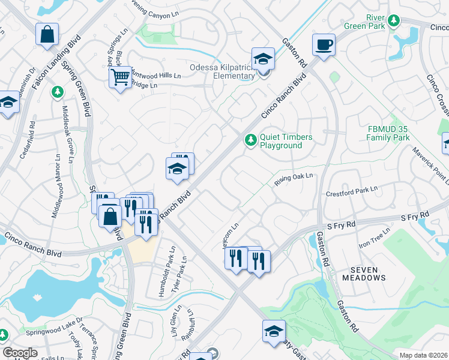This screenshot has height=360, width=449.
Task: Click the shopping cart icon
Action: pos(120,77)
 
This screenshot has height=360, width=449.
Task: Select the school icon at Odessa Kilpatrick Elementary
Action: pos(263,59)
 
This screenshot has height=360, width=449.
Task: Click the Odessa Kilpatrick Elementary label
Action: pos(222,71)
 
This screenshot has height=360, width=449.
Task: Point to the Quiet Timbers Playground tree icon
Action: pos(250,140)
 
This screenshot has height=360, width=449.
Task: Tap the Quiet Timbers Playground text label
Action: pos(286,142)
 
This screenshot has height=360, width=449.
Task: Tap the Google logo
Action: pos(20,353)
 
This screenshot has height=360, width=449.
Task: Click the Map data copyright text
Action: pos(423,355)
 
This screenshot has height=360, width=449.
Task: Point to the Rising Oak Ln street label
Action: pos(295,179)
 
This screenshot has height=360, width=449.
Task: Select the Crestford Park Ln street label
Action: pos(351,191)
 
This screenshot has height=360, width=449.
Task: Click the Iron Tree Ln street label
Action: pos(375,238)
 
